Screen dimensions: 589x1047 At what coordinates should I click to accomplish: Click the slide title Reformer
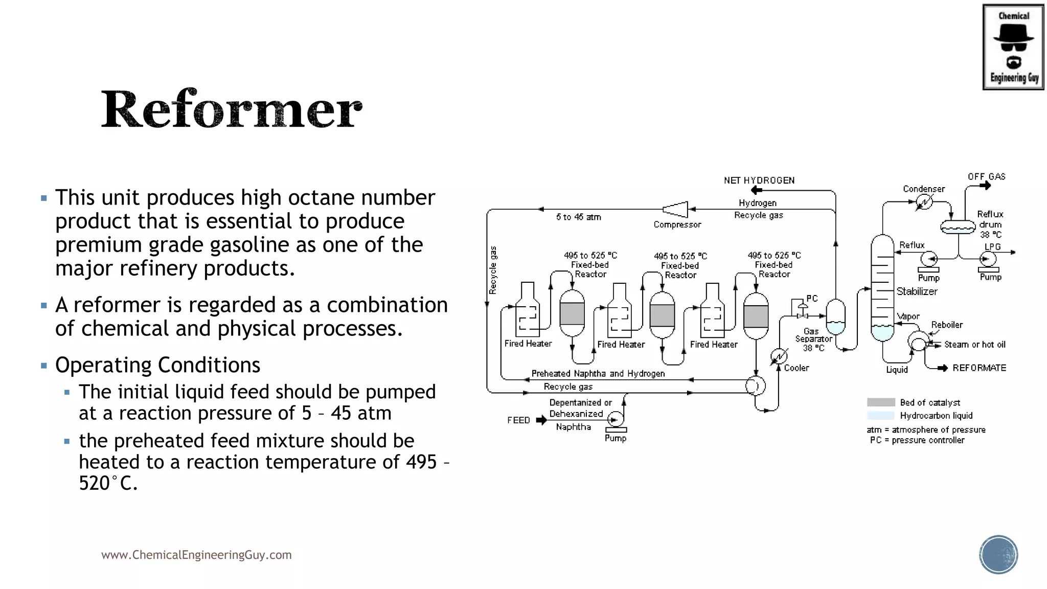click(231, 109)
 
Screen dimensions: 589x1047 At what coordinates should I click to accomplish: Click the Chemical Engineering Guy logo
click(1013, 47)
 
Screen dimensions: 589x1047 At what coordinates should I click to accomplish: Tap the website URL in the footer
click(196, 555)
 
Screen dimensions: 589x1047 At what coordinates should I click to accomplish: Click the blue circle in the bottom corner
click(998, 554)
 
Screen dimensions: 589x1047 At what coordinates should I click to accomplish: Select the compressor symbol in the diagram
click(676, 209)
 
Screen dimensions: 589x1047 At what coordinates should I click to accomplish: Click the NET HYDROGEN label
click(759, 180)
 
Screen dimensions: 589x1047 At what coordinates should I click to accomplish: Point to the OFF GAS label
click(986, 177)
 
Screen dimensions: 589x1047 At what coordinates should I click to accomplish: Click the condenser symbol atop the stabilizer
click(924, 202)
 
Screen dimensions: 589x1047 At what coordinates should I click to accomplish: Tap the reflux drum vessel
click(958, 226)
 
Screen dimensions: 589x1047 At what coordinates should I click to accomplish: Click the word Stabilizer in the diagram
click(917, 291)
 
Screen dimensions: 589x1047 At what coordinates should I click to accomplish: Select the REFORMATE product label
click(979, 368)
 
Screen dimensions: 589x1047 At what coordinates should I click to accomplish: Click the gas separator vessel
click(835, 317)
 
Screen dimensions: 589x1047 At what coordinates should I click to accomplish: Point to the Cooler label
click(796, 368)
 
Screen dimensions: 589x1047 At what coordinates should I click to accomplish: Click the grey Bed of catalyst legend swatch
click(881, 402)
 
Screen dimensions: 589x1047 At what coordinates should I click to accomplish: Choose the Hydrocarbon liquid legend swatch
click(881, 416)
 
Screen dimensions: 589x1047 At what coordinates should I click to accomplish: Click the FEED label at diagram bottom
click(518, 420)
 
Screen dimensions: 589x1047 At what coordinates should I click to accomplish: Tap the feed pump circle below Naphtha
click(616, 420)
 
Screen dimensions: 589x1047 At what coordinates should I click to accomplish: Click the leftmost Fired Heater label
click(528, 344)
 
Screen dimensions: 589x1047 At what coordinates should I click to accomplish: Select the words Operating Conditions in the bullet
click(157, 365)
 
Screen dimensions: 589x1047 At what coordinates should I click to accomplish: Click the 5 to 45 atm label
click(578, 217)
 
